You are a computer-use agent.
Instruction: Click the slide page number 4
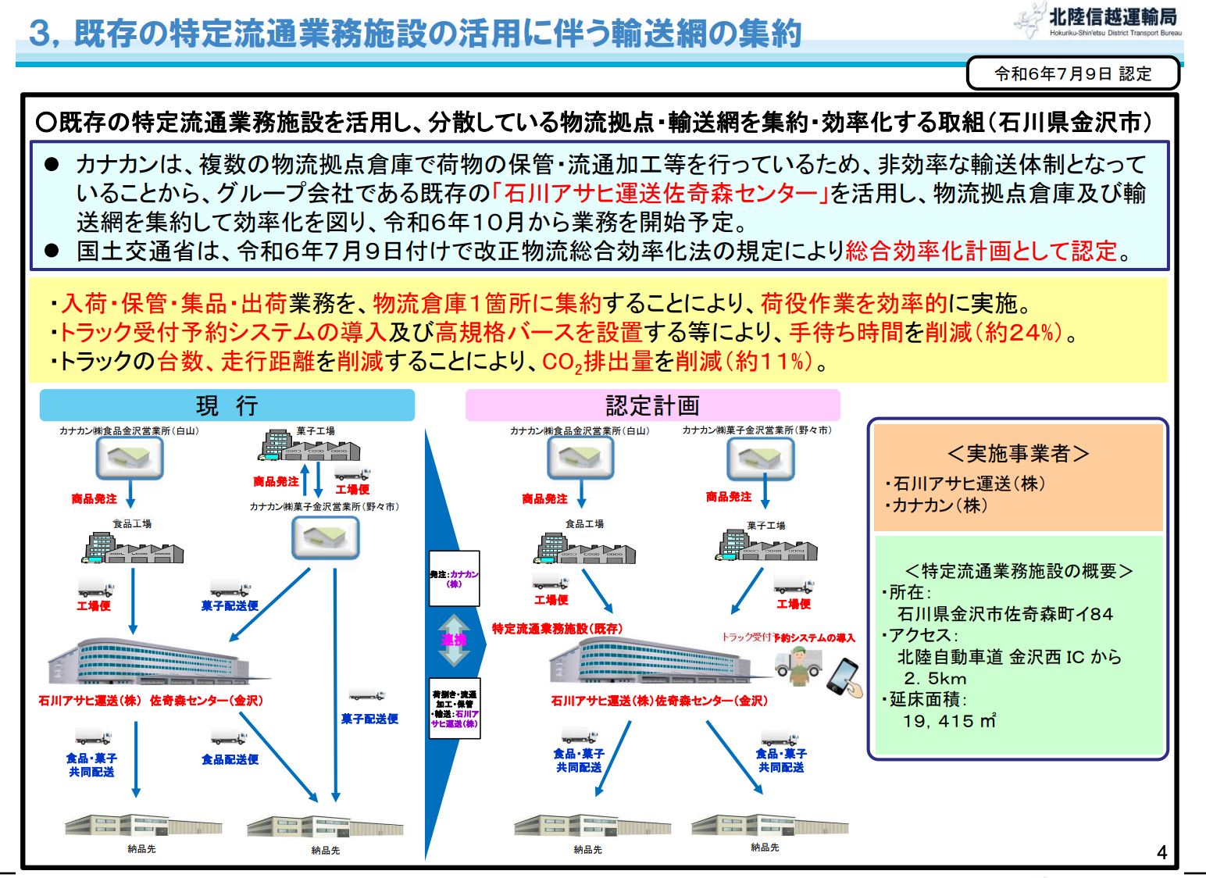[x=1161, y=852]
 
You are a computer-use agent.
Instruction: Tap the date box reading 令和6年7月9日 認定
[x=1072, y=73]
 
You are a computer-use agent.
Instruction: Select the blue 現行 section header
[x=227, y=405]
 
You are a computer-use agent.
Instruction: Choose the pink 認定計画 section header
[x=652, y=405]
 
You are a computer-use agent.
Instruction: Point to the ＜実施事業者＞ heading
[x=1018, y=454]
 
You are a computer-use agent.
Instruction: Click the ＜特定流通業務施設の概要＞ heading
[x=1018, y=571]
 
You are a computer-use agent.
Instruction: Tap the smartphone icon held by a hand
[x=844, y=676]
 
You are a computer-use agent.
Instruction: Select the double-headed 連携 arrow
[x=454, y=640]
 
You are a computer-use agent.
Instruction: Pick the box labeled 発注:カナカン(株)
[x=454, y=579]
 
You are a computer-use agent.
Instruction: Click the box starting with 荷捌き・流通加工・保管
[x=455, y=708]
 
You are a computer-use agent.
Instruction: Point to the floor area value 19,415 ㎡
[x=948, y=721]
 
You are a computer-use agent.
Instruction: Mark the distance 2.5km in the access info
[x=935, y=678]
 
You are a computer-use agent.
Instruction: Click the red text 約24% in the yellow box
[x=1023, y=333]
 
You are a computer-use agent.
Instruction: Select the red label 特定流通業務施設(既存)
[x=557, y=629]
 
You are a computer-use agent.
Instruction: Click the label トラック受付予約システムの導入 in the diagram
[x=788, y=637]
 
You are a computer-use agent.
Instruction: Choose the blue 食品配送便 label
[x=230, y=759]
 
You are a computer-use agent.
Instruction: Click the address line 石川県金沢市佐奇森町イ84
[x=1004, y=614]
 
